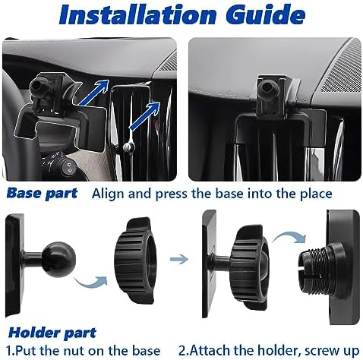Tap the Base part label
(x=43, y=193)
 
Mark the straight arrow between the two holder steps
(x=179, y=259)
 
